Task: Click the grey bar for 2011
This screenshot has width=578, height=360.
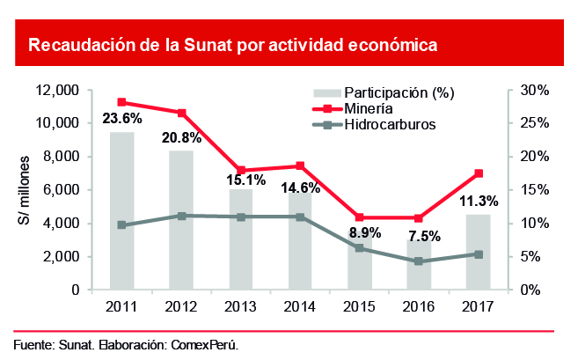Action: pyautogui.click(x=121, y=210)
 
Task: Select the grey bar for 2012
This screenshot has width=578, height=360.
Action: pyautogui.click(x=181, y=220)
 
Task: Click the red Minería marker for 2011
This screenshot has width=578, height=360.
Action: pyautogui.click(x=121, y=102)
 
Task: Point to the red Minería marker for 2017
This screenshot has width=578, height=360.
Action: pyautogui.click(x=478, y=173)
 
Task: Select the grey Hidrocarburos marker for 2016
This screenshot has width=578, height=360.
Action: pyautogui.click(x=419, y=261)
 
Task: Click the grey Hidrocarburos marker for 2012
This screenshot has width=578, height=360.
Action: pyautogui.click(x=181, y=216)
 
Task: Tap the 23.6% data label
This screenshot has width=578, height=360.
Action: pyautogui.click(x=122, y=118)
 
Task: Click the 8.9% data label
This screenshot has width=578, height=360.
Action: pyautogui.click(x=360, y=232)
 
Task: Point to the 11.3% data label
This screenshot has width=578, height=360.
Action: pyautogui.click(x=478, y=201)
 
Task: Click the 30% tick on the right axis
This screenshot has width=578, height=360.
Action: pyautogui.click(x=534, y=91)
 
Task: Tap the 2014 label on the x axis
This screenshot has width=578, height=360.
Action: pyautogui.click(x=300, y=306)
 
